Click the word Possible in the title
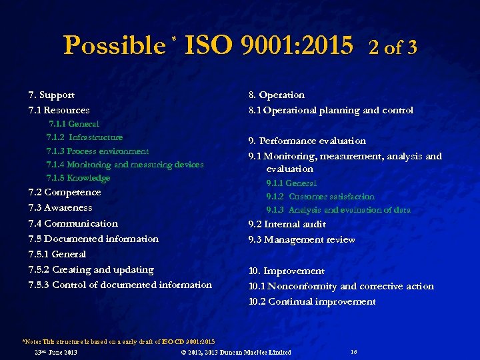click(114, 45)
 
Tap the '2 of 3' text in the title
click(393, 47)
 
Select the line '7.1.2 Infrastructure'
click(85, 137)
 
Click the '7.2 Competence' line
click(65, 192)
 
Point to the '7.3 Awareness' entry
click(61, 207)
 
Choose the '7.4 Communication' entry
click(73, 223)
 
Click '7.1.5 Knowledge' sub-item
click(78, 178)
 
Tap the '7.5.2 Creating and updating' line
click(91, 269)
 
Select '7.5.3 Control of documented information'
click(120, 285)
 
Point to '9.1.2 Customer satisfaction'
click(321, 197)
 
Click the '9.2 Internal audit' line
click(287, 224)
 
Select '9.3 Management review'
click(302, 239)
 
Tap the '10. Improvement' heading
click(287, 271)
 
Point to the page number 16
click(353, 351)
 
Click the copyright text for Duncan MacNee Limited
click(237, 352)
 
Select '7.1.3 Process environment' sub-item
click(97, 151)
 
